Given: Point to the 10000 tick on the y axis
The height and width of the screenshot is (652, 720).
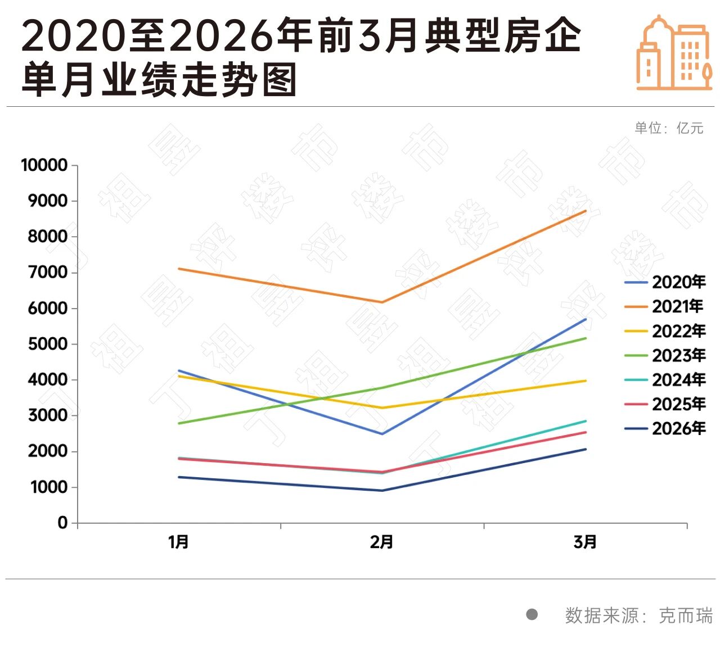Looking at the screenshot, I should [44, 165].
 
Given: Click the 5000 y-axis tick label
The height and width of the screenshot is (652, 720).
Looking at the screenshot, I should [48, 344].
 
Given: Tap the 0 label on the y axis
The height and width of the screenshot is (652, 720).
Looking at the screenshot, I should [62, 523].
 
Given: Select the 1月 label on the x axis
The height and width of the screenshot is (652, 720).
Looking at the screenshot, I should [179, 542].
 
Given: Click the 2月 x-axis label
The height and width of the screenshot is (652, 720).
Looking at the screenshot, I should [382, 542].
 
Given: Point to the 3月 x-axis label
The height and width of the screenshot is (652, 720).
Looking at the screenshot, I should [585, 542].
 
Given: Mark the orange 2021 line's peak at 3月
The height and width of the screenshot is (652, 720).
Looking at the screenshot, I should [586, 211].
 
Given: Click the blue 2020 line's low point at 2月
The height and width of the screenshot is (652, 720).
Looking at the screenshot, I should [382, 434].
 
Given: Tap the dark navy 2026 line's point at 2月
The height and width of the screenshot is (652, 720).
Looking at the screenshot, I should [382, 491].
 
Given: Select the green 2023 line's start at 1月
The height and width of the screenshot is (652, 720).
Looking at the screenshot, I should [179, 423].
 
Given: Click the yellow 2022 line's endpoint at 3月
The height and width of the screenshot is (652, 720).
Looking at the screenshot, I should [586, 381].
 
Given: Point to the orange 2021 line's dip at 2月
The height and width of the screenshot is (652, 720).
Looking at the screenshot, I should [382, 302].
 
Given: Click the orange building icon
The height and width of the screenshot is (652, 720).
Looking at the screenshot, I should [674, 53].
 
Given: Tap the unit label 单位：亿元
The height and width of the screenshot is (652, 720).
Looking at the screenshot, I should [669, 128].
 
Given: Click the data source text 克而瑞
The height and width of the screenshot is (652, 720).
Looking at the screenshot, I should [685, 615].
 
